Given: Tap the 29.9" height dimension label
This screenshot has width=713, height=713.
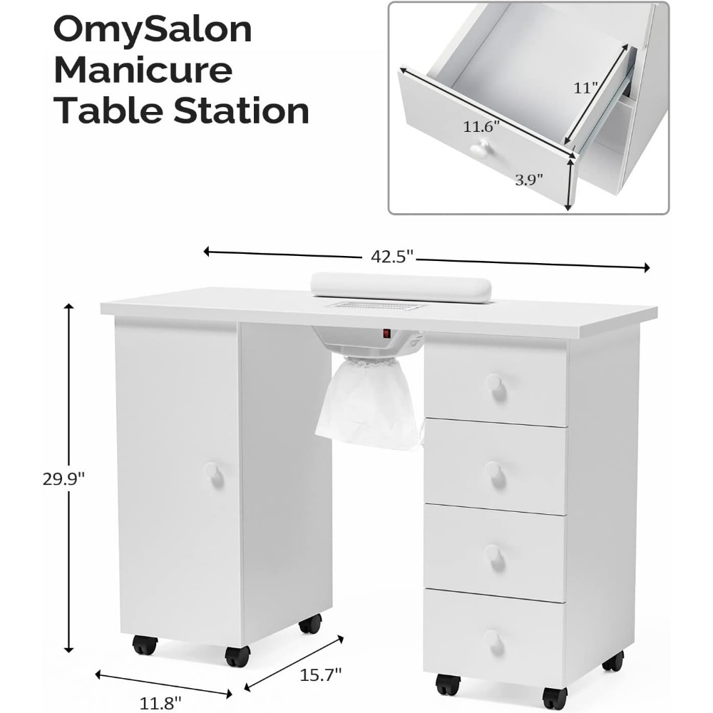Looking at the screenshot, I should pyautogui.click(x=63, y=478).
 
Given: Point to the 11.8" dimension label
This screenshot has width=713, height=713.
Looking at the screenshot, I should pyautogui.click(x=160, y=702).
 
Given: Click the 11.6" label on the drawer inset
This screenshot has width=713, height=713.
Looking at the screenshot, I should pyautogui.click(x=481, y=127).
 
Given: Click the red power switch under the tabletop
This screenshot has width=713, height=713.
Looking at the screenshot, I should pyautogui.click(x=386, y=333).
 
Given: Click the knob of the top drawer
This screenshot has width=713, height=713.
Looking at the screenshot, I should pyautogui.click(x=494, y=382).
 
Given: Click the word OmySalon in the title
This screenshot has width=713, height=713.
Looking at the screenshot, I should pyautogui.click(x=153, y=31).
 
